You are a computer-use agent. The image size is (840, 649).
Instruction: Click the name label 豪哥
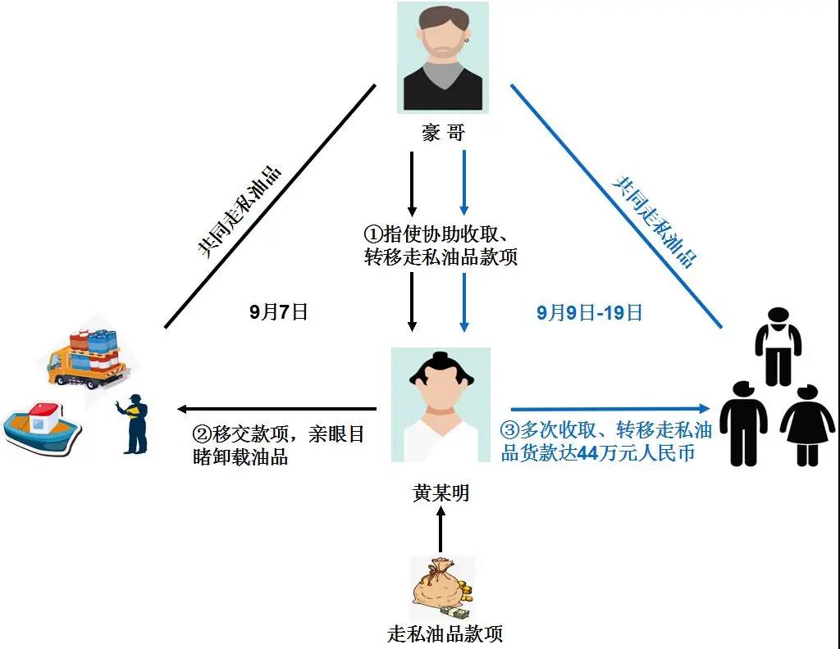pyautogui.click(x=442, y=132)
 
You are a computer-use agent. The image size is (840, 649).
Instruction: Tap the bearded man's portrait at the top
pyautogui.click(x=443, y=57)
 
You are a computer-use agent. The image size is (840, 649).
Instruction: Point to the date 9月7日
pyautogui.click(x=278, y=312)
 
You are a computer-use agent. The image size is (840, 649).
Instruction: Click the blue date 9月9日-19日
pyautogui.click(x=589, y=312)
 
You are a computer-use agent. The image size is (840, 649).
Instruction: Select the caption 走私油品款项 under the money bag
pyautogui.click(x=444, y=633)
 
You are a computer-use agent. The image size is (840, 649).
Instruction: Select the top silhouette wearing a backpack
pyautogui.click(x=778, y=345)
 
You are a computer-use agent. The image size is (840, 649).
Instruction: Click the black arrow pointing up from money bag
pyautogui.click(x=441, y=529)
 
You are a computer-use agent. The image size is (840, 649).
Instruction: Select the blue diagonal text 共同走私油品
pyautogui.click(x=655, y=222)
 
